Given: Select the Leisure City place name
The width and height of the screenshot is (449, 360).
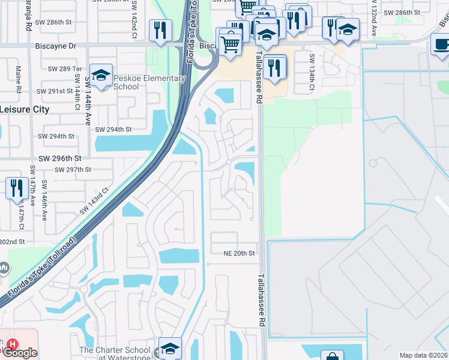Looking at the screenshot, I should pos(24,109).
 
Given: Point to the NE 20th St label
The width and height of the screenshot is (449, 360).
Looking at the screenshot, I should pos(240,254).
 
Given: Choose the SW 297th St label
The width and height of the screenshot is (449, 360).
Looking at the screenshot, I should pos(73,170).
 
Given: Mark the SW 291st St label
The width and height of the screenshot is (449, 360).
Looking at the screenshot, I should pos(58,91).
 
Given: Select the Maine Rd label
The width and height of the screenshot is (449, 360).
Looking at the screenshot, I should pos(19,79).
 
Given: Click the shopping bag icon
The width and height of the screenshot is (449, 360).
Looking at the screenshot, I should pos(332,356).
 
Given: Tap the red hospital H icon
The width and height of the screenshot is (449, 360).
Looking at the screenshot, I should pos(13,344).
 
